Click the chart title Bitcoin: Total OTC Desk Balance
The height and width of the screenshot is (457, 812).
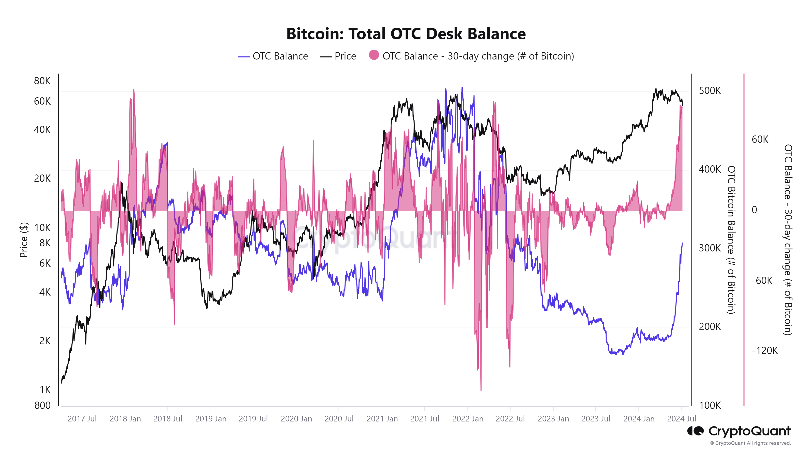406,34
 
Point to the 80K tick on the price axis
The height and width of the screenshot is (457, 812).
42,81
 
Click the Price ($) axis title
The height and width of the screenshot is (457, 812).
24,240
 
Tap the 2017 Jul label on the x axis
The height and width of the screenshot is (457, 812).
82,419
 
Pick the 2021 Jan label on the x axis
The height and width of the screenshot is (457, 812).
382,419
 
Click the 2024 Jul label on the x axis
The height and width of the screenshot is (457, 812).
681,419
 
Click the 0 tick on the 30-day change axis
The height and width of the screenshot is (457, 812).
754,210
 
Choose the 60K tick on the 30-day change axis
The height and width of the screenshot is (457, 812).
760,139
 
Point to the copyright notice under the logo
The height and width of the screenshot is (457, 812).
750,443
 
